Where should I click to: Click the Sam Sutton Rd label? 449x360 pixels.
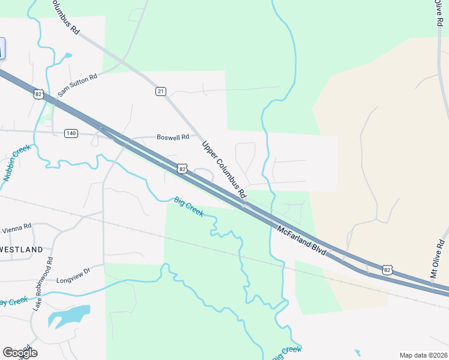77,85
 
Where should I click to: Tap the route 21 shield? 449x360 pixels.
160,91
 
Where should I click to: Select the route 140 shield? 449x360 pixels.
71,133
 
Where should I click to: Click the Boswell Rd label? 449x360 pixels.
173,137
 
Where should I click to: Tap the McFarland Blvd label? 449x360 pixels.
302,241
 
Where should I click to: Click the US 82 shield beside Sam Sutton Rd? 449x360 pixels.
39,94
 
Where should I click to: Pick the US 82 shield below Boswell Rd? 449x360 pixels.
182,170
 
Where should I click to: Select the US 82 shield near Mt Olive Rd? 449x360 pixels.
388,270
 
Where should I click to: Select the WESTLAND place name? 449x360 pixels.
22,249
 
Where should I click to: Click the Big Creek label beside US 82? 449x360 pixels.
189,206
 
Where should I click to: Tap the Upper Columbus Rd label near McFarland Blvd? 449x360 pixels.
224,170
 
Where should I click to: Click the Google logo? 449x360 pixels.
20,352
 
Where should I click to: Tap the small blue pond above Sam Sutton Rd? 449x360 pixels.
67,56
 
